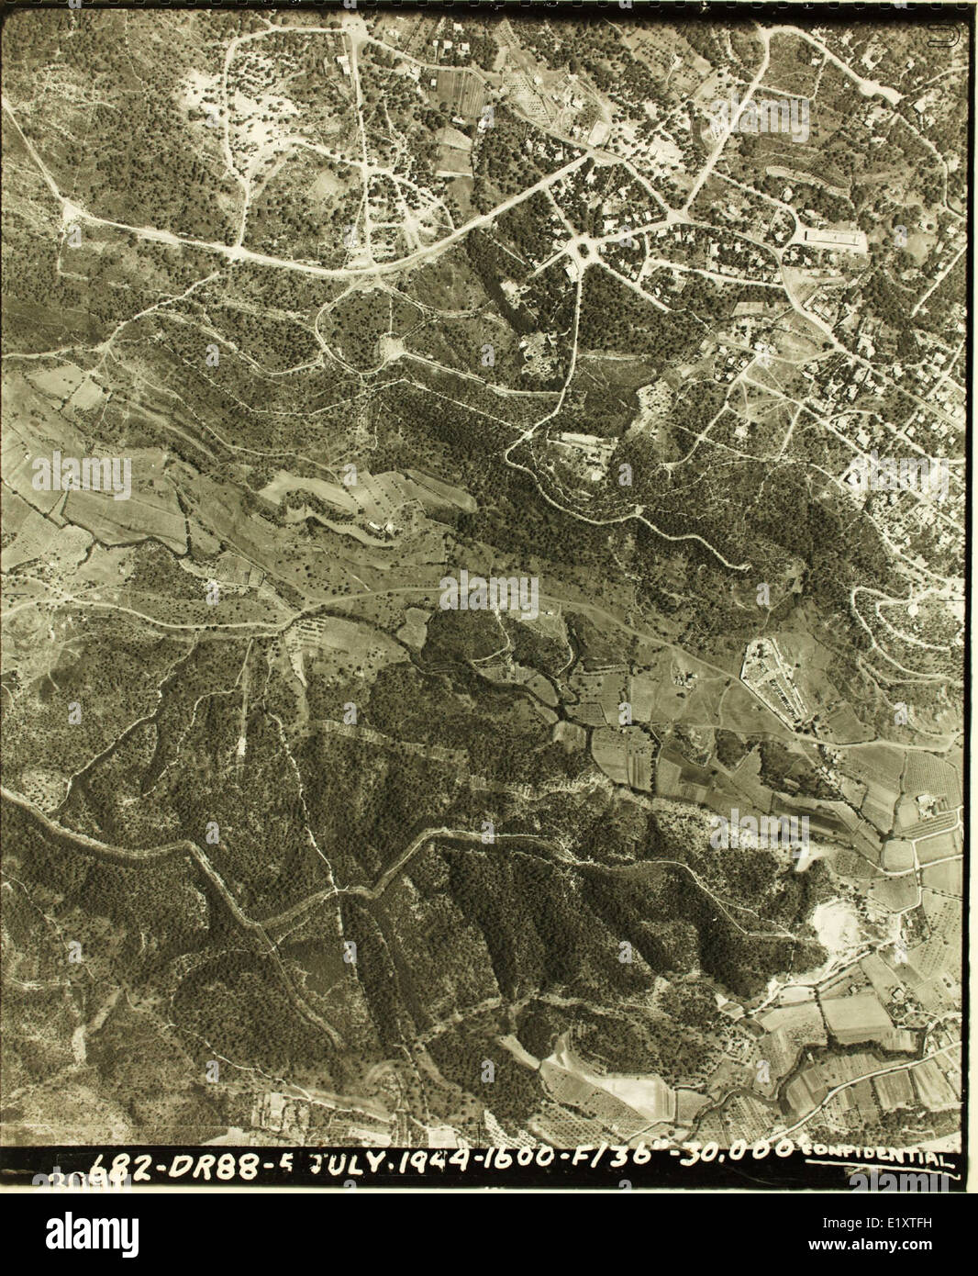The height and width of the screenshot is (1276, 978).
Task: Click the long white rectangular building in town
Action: (833, 239)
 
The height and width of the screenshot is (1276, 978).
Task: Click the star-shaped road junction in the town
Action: (579, 248)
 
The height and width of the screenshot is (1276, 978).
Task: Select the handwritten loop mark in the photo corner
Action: (938, 36)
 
